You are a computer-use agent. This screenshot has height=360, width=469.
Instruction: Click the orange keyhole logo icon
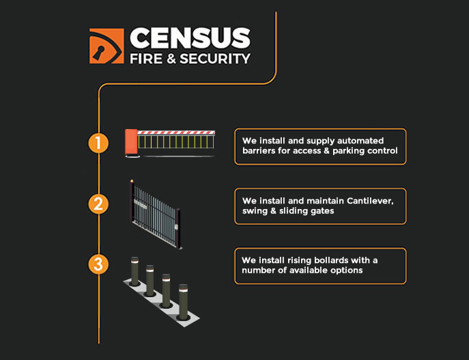(x=106, y=46)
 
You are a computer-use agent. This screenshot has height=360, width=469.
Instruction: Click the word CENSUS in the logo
(x=190, y=38)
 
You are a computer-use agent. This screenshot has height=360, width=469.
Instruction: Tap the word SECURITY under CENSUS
(x=215, y=59)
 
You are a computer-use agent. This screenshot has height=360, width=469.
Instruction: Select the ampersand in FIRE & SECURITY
(x=171, y=59)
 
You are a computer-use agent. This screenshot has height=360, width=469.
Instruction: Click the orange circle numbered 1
(x=98, y=143)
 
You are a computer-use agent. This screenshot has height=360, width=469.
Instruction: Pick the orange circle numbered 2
(x=98, y=204)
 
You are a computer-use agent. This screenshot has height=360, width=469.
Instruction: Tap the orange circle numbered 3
(x=98, y=264)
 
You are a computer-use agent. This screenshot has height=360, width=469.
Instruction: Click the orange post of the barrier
(x=131, y=143)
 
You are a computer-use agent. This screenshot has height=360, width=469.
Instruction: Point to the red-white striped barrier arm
(x=176, y=133)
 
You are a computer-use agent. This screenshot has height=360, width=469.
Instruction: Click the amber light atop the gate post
(x=132, y=181)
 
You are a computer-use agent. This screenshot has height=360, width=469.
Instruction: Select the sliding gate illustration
(x=155, y=214)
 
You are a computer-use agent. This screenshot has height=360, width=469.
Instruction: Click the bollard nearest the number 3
(x=134, y=271)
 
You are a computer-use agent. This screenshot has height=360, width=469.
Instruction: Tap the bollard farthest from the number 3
(x=184, y=302)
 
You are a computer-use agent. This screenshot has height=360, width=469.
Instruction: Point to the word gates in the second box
(x=322, y=211)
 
